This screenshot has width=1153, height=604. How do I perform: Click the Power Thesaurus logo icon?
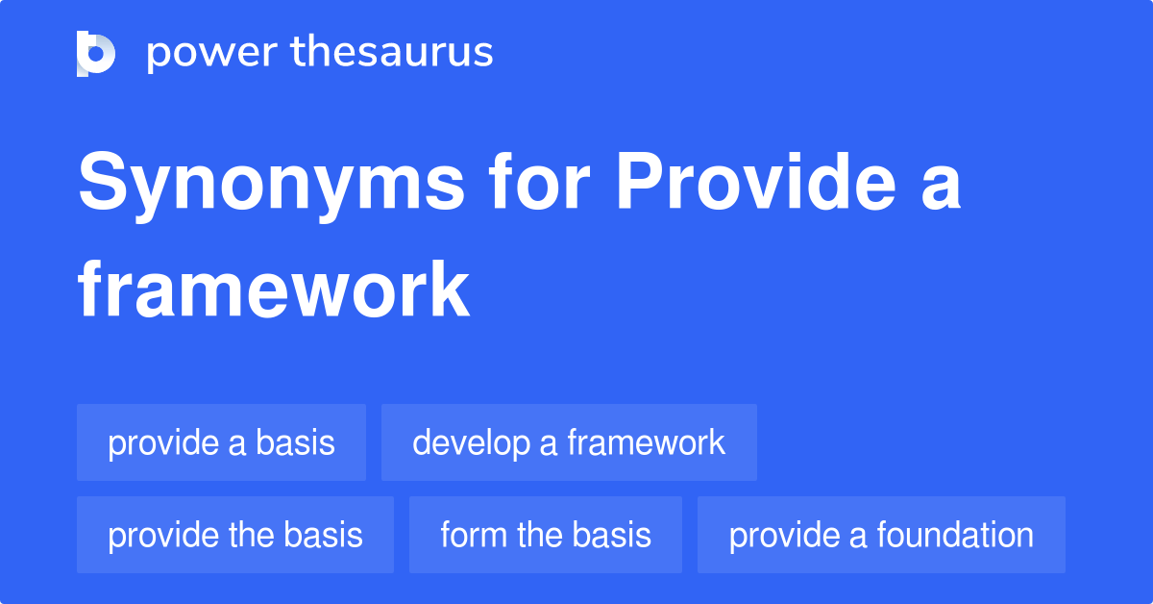pos(96,53)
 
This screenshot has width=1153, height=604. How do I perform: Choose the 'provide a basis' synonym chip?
pos(221,442)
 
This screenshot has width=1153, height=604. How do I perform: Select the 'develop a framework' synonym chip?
pos(569,442)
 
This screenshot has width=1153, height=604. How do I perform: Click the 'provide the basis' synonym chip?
pos(235,535)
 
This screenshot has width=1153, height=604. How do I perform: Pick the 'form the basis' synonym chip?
pos(546,535)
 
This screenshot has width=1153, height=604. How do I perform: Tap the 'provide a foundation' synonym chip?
pos(881,535)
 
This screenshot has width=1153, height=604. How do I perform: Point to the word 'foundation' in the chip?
pos(961,535)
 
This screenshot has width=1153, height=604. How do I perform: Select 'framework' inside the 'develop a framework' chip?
pos(646,442)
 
